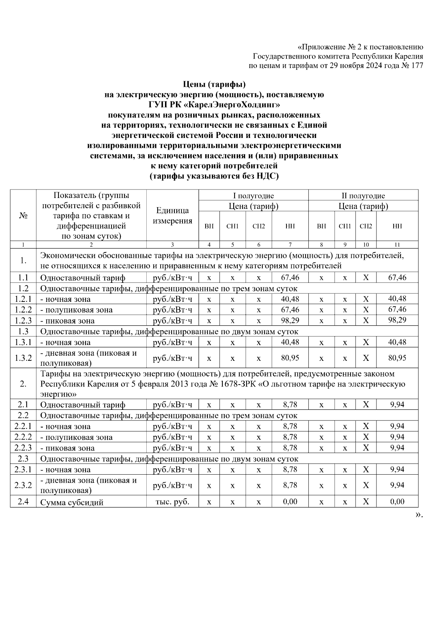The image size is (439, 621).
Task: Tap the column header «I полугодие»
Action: click(x=254, y=195)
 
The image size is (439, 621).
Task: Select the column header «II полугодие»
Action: click(x=363, y=195)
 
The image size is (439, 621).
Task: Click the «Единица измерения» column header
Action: click(x=172, y=216)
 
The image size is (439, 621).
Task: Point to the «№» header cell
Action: click(x=23, y=216)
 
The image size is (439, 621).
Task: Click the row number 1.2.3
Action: click(x=23, y=321)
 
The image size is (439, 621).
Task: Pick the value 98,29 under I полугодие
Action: click(x=290, y=321)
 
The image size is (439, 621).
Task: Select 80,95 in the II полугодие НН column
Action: click(x=397, y=358)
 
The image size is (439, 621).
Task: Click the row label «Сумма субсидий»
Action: click(x=72, y=502)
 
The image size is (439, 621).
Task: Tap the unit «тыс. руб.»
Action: click(x=172, y=502)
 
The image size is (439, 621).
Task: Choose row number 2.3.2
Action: click(x=23, y=485)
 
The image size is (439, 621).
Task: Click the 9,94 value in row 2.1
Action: click(x=397, y=404)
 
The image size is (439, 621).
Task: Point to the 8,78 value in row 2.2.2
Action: click(x=290, y=437)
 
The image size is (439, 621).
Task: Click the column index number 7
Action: click(x=290, y=245)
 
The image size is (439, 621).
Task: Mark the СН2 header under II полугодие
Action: click(x=365, y=226)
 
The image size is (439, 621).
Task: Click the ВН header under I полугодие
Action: click(x=209, y=226)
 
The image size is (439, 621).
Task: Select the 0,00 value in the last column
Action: click(x=397, y=502)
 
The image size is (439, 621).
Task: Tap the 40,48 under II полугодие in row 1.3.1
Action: click(x=397, y=342)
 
